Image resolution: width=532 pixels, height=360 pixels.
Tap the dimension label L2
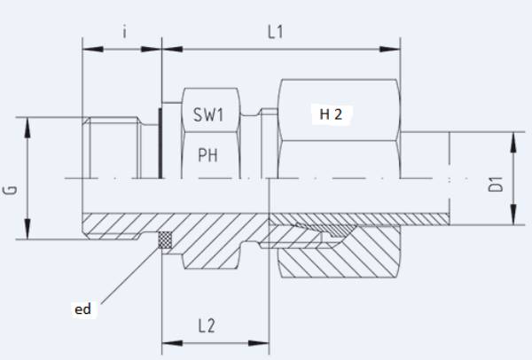pyautogui.click(x=206, y=325)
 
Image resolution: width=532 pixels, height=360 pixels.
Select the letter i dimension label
pyautogui.click(x=125, y=33)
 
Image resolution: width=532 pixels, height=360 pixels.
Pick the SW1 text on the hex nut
pyautogui.click(x=209, y=115)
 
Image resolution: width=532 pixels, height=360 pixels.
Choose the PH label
pyautogui.click(x=208, y=156)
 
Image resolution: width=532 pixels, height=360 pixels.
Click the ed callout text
pyautogui.click(x=82, y=309)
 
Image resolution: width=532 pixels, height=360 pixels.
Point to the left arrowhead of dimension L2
pyautogui.click(x=167, y=341)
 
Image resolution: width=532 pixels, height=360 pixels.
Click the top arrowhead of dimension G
pyautogui.click(x=30, y=123)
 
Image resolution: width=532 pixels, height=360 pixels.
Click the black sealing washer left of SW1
pyautogui.click(x=160, y=143)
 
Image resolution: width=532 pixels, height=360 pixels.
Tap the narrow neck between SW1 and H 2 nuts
pyautogui.click(x=257, y=133)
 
